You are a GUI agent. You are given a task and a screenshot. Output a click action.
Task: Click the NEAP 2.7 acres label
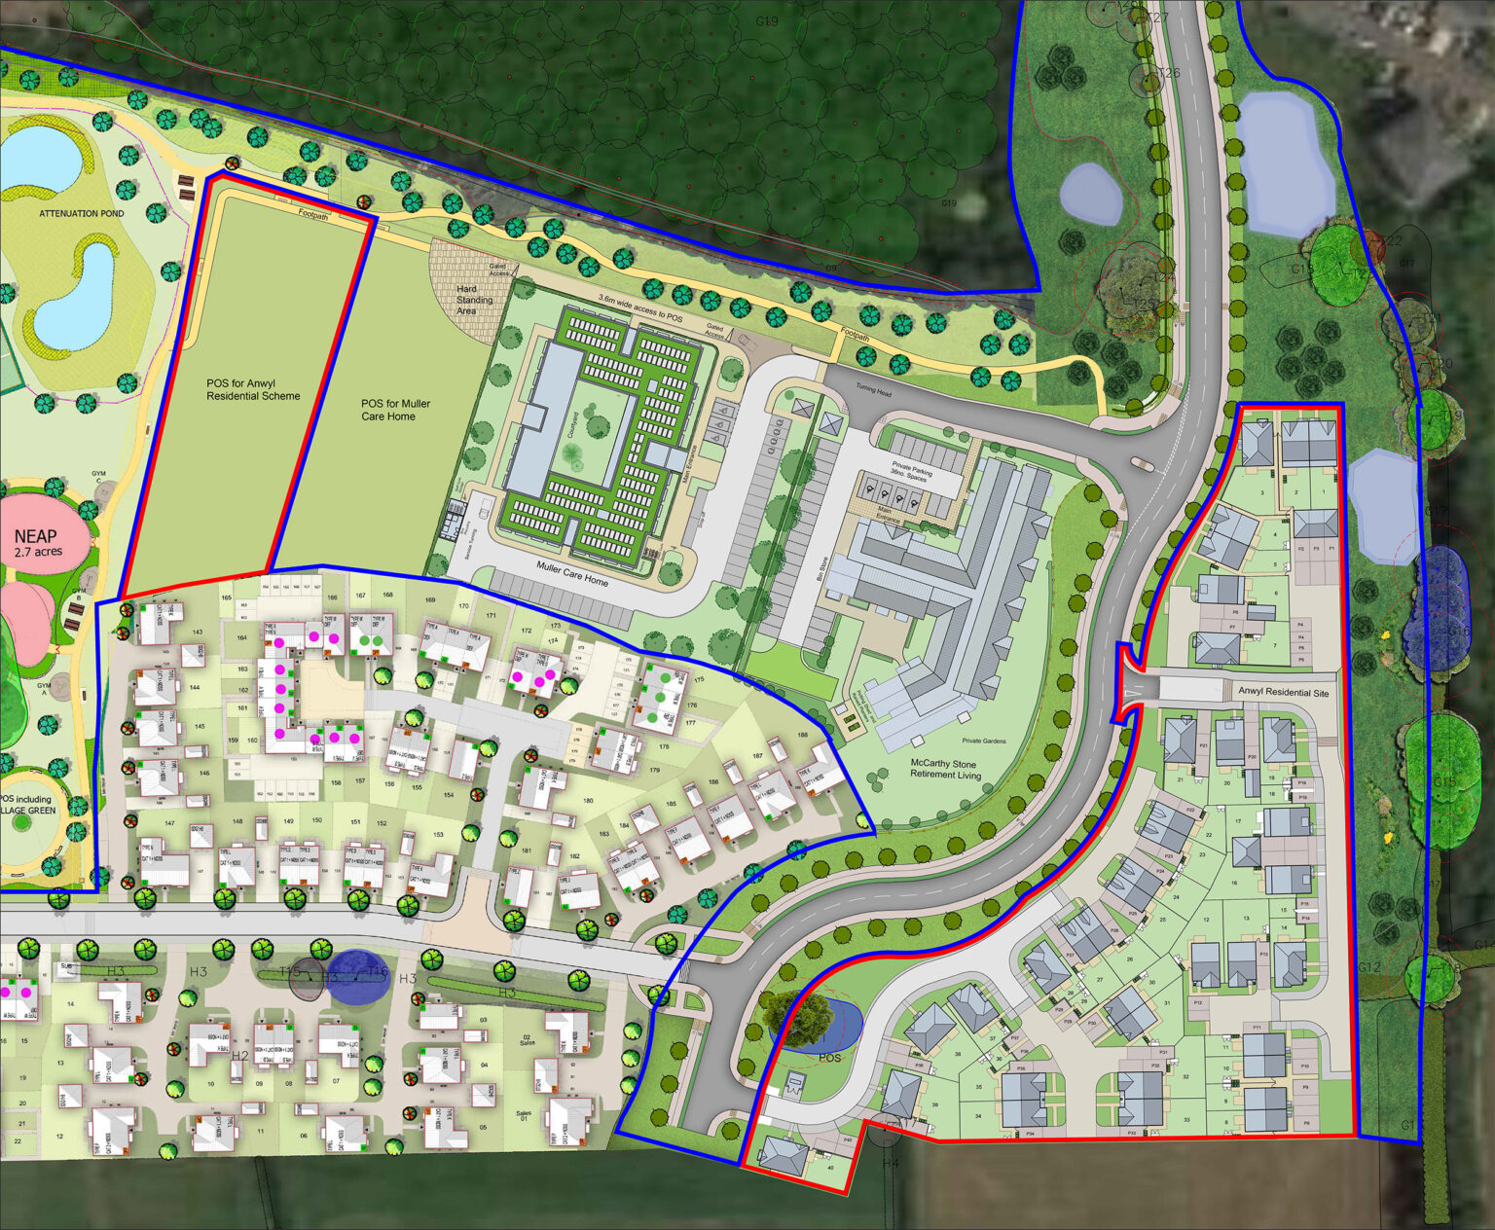coord(37,542)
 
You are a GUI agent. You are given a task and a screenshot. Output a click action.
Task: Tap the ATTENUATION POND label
coord(82,213)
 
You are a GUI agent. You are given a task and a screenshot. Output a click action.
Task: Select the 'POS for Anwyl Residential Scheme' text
coord(253,389)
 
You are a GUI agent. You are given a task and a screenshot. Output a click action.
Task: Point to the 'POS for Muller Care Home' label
coord(395,410)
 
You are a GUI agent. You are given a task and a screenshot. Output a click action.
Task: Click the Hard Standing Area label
coord(474,300)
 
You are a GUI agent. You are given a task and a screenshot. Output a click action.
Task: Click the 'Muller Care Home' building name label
coord(572,573)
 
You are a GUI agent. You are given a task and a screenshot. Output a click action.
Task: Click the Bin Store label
coord(821,568)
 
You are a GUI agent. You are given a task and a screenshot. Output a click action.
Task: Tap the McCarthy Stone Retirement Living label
coord(945,769)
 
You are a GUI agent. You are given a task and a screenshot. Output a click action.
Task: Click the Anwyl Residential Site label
coord(1283,692)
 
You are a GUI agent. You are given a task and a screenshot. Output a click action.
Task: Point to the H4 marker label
coord(891,1163)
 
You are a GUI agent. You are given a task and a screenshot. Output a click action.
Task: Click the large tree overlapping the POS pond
coord(796,1017)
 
